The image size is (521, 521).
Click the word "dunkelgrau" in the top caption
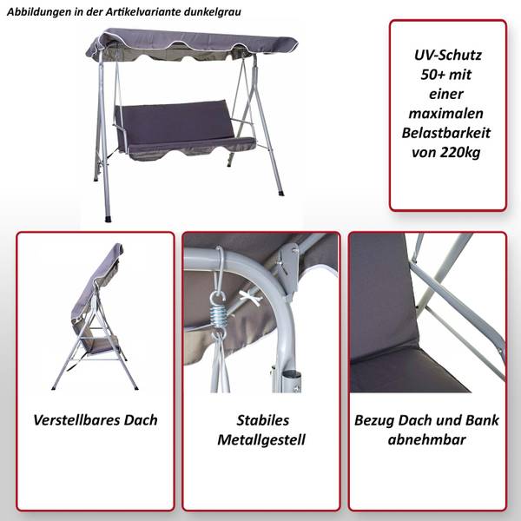click(x=212, y=12)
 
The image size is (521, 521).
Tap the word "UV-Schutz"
click(x=447, y=55)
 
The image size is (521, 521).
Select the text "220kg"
click(x=460, y=153)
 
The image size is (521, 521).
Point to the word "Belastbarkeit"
click(x=446, y=133)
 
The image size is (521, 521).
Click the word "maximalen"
click(x=446, y=114)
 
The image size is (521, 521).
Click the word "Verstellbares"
click(x=76, y=420)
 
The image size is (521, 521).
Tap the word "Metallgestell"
click(x=261, y=440)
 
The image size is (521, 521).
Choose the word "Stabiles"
click(x=262, y=420)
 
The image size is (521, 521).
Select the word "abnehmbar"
click(x=426, y=439)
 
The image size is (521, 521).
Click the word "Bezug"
click(x=374, y=420)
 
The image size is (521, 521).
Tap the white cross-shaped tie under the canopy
click(x=250, y=296)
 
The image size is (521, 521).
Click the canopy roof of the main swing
click(x=192, y=45)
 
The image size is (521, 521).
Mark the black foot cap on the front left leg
click(x=109, y=219)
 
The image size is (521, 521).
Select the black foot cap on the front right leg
click(x=280, y=193)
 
